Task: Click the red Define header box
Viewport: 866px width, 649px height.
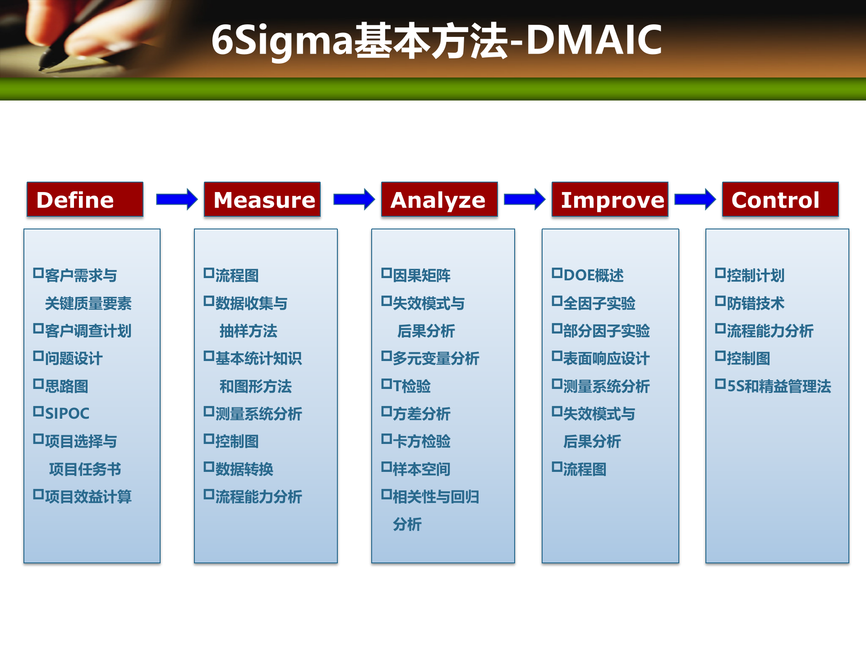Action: [x=85, y=199]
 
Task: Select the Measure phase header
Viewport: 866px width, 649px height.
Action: [x=262, y=199]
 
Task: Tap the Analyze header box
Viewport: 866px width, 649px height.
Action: [x=439, y=199]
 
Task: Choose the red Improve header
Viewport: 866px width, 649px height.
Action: [x=610, y=199]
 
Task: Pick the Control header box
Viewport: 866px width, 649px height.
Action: [x=780, y=199]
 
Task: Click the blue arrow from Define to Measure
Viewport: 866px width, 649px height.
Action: [x=177, y=199]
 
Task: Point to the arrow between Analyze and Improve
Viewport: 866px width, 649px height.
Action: [x=525, y=199]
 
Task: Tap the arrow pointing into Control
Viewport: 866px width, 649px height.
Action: [x=695, y=199]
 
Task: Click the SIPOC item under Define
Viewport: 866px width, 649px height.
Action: [x=61, y=413]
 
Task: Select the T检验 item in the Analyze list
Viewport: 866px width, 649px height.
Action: [x=406, y=385]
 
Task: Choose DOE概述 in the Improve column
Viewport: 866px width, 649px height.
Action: [x=588, y=274]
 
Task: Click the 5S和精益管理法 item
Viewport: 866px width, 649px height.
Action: [x=773, y=385]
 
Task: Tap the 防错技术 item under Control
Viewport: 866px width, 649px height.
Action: [x=750, y=302]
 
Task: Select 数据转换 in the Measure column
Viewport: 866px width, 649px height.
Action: [x=239, y=468]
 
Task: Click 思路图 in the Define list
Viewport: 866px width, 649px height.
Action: [x=61, y=385]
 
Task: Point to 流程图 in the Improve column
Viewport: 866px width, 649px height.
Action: [x=579, y=468]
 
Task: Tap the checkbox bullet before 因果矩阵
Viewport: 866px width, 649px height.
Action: [x=387, y=273]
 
